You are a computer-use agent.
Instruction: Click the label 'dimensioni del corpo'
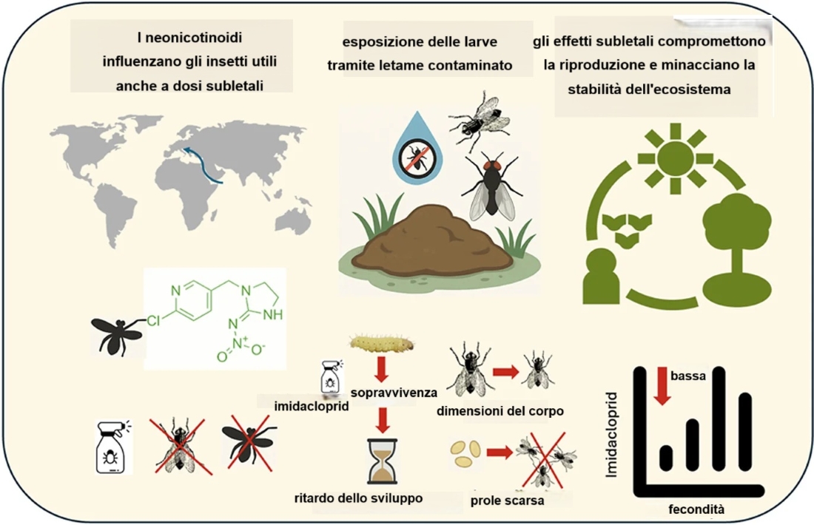point(500,410)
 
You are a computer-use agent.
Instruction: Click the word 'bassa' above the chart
point(688,376)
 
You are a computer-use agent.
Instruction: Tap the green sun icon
point(675,155)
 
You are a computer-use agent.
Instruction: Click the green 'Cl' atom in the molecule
point(153,322)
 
